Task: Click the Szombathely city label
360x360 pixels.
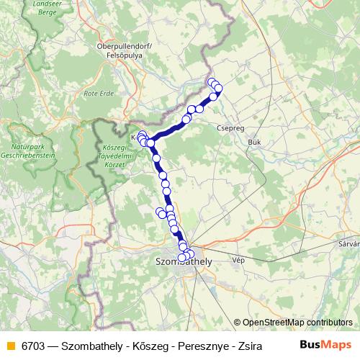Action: pyautogui.click(x=184, y=264)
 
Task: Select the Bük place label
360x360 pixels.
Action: pyautogui.click(x=253, y=142)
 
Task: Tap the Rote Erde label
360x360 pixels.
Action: pyautogui.click(x=99, y=94)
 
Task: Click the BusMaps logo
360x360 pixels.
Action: pyautogui.click(x=327, y=345)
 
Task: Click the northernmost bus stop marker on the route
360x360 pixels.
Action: pyautogui.click(x=212, y=82)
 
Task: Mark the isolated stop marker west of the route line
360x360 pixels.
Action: pyautogui.click(x=161, y=212)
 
